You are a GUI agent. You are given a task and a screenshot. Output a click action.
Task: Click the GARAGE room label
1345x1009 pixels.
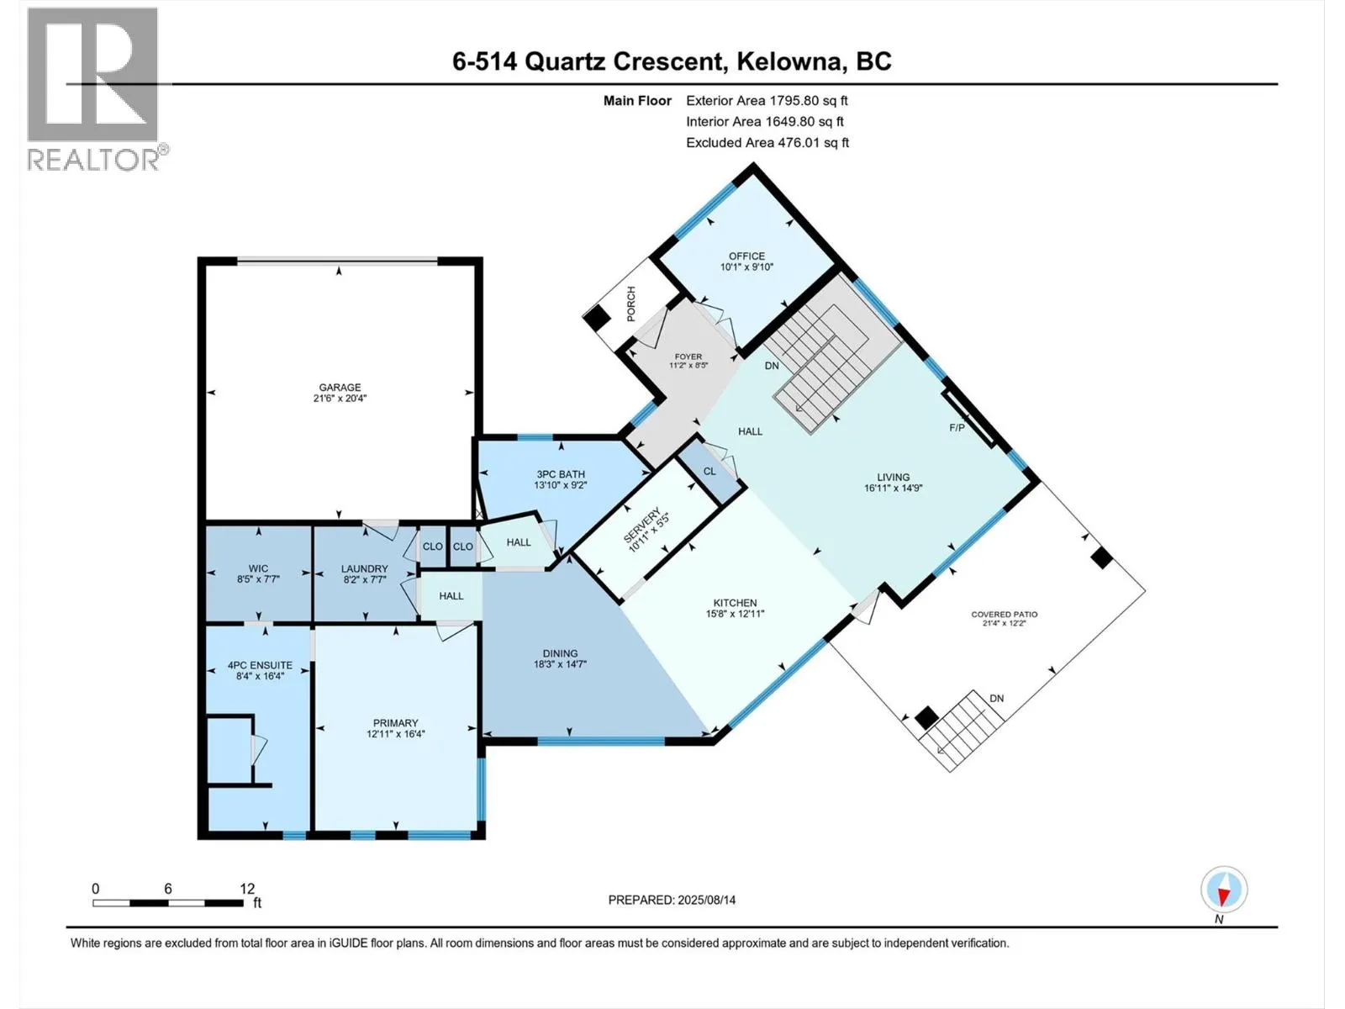point(340,388)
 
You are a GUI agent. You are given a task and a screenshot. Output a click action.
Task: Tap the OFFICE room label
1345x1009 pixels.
point(746,256)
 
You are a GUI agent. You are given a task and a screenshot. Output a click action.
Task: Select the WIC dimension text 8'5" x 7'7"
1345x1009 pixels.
point(259,579)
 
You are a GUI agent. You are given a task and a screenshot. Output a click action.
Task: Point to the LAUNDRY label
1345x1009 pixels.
point(364,569)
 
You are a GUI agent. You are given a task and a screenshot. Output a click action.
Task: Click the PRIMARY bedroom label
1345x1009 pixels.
point(395,723)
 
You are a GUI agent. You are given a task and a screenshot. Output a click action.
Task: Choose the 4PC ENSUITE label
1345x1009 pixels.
point(260,665)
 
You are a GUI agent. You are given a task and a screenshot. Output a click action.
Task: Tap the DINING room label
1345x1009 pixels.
point(560,653)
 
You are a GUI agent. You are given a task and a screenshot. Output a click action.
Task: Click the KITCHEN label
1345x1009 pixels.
point(735,603)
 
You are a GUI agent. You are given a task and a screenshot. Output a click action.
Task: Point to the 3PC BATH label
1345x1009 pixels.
point(561,474)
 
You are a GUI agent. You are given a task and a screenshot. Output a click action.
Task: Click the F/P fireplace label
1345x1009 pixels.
point(957,428)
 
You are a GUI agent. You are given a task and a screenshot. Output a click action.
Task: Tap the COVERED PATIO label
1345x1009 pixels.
point(1004,615)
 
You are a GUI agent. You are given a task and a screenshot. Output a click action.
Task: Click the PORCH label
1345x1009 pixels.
point(631,304)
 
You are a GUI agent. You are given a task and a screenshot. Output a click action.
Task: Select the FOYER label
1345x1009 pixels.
point(688,357)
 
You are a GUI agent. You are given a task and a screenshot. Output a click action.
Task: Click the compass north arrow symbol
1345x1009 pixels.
point(1224,889)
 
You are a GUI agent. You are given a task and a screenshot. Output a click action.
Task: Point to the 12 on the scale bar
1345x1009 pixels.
point(247,889)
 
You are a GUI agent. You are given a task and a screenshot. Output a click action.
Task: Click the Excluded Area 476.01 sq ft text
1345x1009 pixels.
point(767,143)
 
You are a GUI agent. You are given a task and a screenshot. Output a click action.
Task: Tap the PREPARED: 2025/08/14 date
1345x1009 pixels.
point(672,900)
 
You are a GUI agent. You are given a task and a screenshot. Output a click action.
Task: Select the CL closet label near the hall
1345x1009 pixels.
point(709,471)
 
